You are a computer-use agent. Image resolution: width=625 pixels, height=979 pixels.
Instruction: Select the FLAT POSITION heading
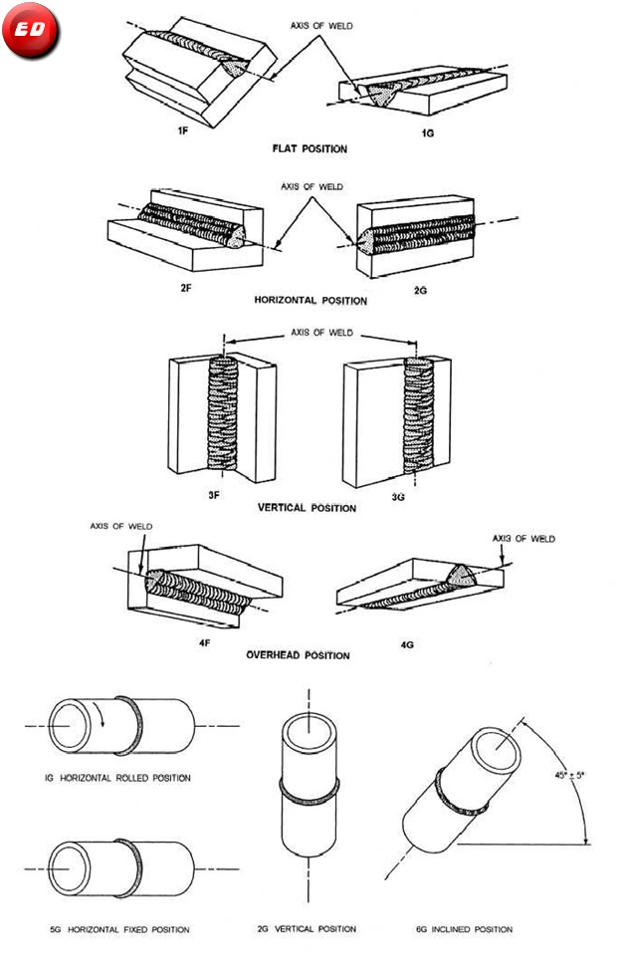310,148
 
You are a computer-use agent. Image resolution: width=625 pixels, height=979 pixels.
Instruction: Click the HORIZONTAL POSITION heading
311,300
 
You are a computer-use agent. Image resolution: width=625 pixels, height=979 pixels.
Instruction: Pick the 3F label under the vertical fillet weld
213,494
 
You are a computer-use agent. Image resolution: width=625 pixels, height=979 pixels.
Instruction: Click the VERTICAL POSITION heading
307,508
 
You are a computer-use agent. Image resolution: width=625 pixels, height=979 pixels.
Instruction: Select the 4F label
204,643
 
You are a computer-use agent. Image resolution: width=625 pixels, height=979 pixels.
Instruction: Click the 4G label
407,644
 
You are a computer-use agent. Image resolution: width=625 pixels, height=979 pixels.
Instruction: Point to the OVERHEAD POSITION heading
298,655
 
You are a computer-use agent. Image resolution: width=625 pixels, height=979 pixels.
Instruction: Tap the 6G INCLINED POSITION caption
464,929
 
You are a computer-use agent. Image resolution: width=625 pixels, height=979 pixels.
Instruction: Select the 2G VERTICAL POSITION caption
307,929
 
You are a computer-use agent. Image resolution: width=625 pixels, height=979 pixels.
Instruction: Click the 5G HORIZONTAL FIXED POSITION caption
119,929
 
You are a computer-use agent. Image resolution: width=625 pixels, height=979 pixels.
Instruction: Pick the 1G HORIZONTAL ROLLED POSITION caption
118,777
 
